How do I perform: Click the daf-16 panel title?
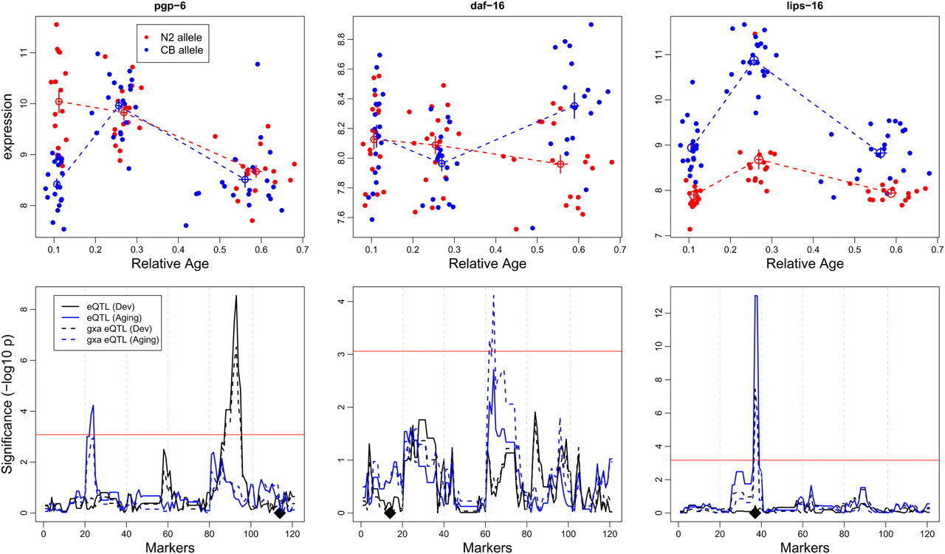coord(487,6)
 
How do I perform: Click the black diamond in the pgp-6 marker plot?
coord(279,513)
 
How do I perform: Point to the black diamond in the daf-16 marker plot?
coord(390,513)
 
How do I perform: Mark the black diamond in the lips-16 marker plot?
coord(755,513)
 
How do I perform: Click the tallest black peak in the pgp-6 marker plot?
coord(236,297)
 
